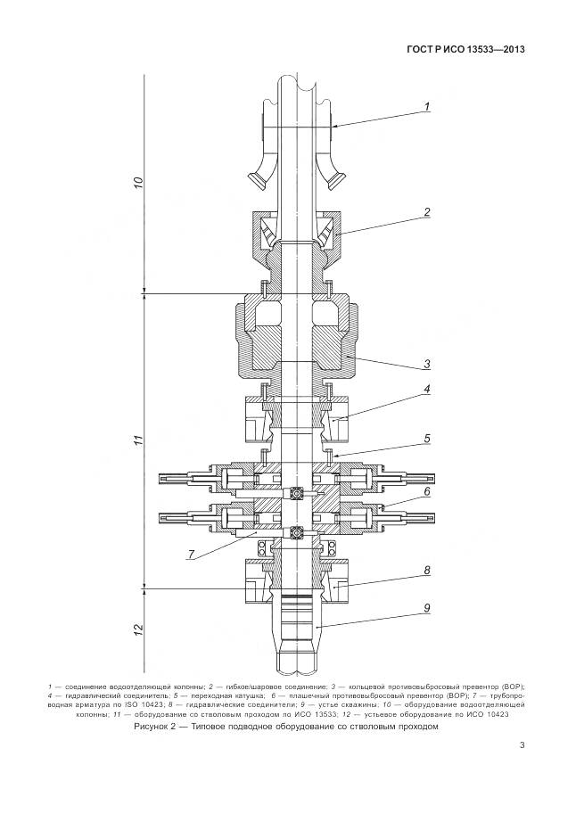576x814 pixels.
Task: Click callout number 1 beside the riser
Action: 427,107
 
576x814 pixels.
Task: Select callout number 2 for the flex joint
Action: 427,212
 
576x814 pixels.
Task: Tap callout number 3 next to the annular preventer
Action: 427,363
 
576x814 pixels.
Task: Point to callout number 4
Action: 427,390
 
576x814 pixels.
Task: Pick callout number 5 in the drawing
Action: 427,439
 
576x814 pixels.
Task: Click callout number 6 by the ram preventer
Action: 427,491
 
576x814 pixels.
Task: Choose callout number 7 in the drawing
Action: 191,554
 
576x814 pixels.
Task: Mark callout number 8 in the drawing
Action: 427,569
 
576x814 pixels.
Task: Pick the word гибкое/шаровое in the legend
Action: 243,687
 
